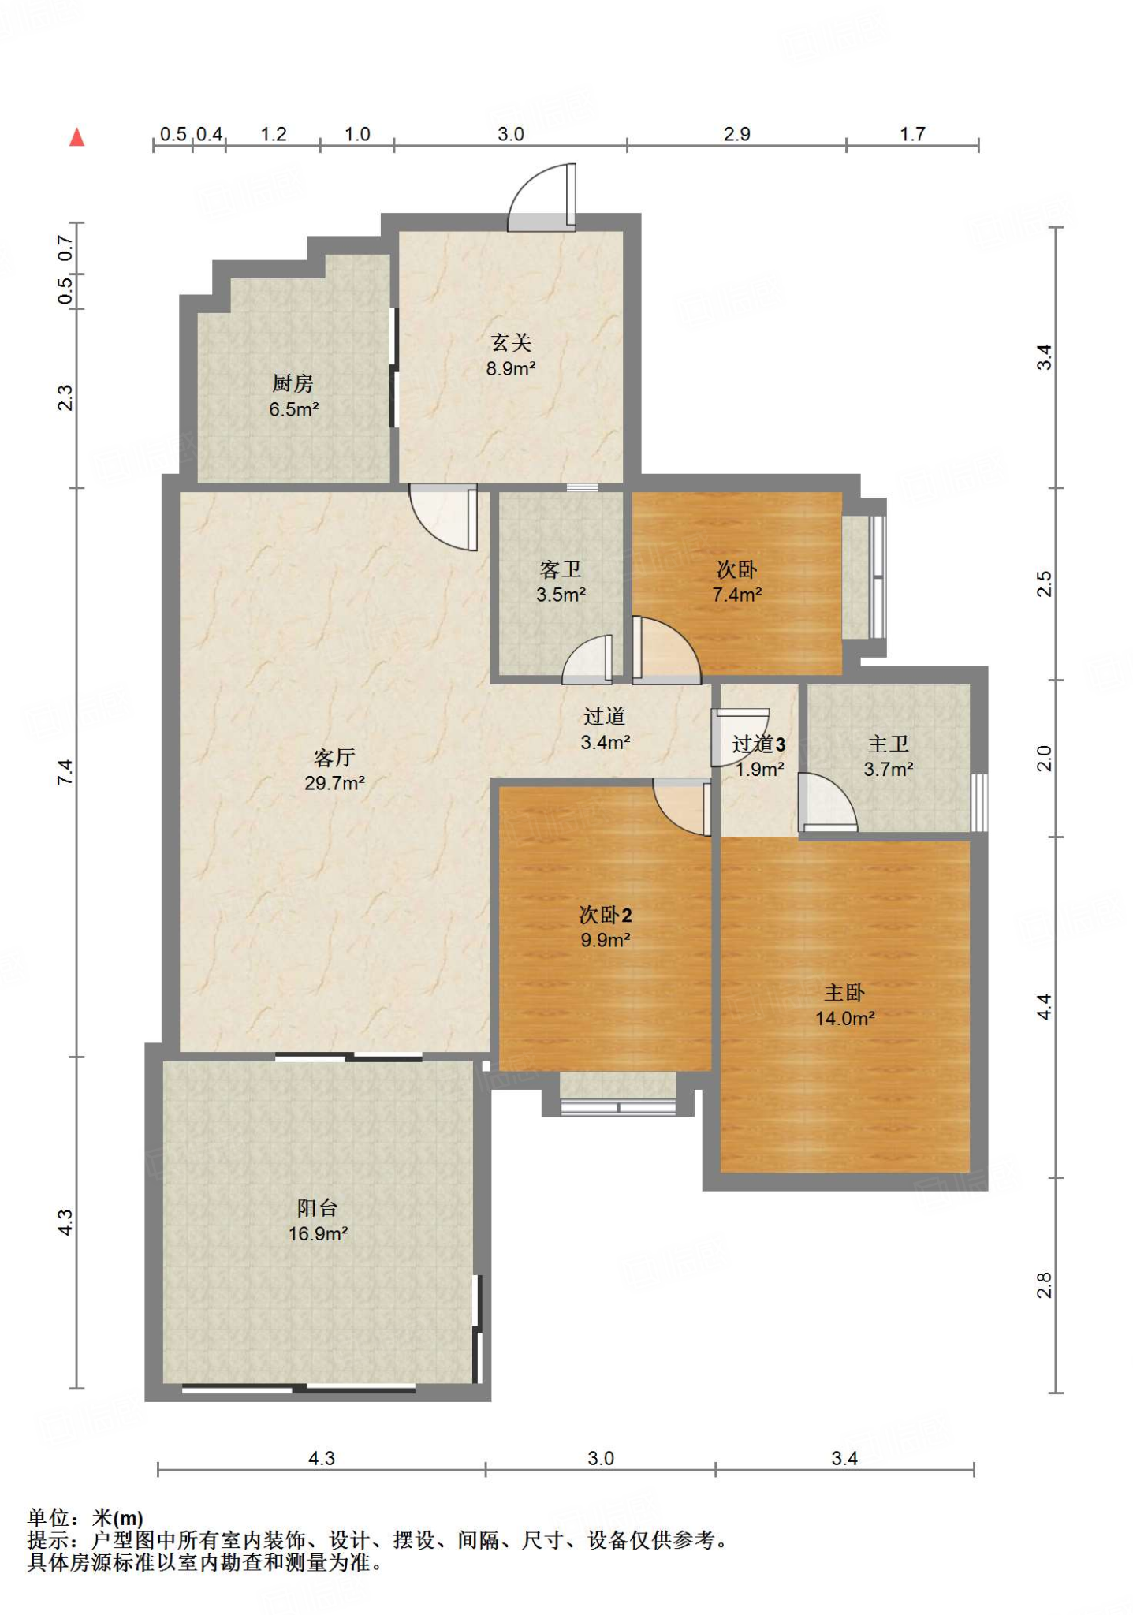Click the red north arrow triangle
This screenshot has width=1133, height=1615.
click(76, 137)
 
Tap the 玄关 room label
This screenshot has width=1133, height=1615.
click(511, 342)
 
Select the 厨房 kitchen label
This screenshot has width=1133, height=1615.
click(293, 383)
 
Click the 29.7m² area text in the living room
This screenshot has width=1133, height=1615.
click(334, 783)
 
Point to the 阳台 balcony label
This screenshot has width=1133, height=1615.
click(318, 1207)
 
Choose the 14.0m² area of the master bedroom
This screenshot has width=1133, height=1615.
click(844, 1018)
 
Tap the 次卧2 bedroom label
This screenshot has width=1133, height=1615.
click(606, 915)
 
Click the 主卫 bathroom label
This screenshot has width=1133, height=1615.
click(889, 744)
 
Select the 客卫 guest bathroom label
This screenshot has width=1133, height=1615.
click(561, 569)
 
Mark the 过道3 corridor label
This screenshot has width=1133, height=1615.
click(758, 744)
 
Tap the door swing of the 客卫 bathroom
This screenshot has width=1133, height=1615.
click(587, 659)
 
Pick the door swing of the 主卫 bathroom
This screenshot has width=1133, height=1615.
click(828, 802)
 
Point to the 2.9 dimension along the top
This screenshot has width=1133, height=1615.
click(737, 134)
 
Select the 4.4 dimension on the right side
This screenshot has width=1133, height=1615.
click(1044, 1006)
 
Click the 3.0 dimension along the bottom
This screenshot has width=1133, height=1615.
click(601, 1458)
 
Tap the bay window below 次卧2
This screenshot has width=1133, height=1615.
click(618, 1094)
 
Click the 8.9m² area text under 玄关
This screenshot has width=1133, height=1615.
click(511, 368)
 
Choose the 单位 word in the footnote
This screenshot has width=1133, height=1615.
click(49, 1518)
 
